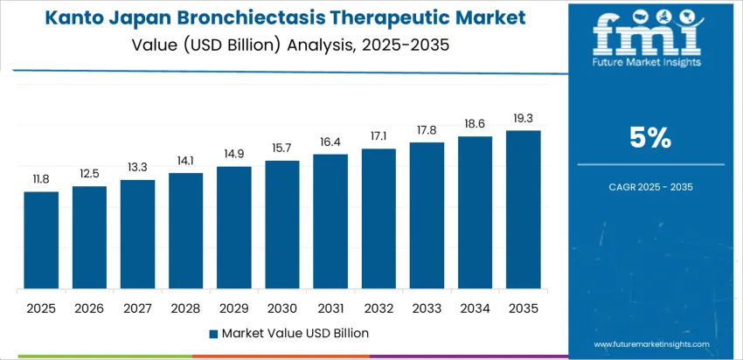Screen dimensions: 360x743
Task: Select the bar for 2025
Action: (41, 240)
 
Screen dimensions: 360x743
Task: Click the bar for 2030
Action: (282, 225)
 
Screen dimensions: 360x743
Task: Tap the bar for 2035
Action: (524, 210)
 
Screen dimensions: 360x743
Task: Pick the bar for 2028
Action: (185, 231)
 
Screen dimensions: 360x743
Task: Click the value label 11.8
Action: (41, 179)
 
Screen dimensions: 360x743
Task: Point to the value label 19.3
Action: (524, 118)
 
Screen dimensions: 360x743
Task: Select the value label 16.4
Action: (330, 142)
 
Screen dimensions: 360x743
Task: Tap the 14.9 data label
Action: (234, 154)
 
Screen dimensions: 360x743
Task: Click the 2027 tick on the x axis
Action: (137, 308)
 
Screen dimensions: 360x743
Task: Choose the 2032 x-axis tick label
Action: (378, 308)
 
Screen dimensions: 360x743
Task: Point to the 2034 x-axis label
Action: (476, 308)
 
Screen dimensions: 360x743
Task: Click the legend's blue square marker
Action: (213, 333)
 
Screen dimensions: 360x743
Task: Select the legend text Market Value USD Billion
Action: (295, 333)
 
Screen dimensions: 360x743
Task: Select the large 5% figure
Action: (649, 137)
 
